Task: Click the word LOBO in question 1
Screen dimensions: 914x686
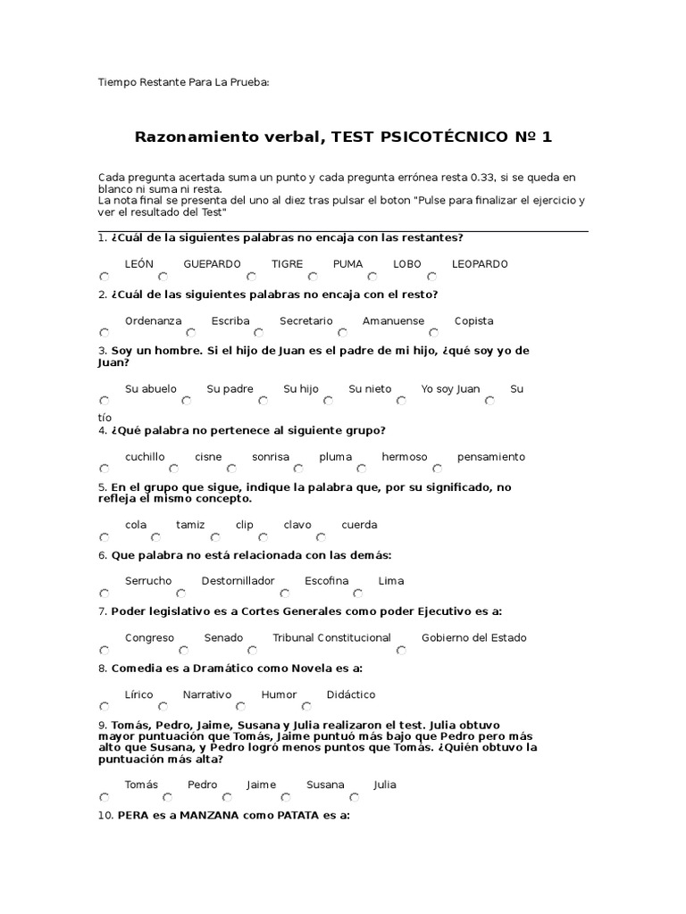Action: coord(406,264)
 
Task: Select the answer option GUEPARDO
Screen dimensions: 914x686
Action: coord(212,264)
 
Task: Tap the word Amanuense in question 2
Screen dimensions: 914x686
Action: coord(393,321)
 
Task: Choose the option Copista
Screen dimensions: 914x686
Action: coord(473,321)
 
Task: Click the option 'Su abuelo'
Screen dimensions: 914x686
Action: coord(151,389)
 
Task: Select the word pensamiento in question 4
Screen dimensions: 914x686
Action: coord(491,457)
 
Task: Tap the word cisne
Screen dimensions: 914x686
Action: coord(208,457)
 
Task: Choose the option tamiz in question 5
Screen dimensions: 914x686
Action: coord(190,525)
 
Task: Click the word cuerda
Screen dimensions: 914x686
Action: coord(359,525)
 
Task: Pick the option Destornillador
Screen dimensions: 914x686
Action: coord(238,581)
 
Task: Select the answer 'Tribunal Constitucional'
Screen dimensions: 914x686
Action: coord(331,638)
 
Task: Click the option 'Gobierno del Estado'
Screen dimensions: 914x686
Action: coord(473,638)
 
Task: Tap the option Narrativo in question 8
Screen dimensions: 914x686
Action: coord(207,694)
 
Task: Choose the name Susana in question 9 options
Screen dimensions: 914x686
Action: coord(325,785)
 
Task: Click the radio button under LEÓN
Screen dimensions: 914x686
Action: coord(105,277)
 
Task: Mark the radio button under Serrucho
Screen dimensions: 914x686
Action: coord(105,594)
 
